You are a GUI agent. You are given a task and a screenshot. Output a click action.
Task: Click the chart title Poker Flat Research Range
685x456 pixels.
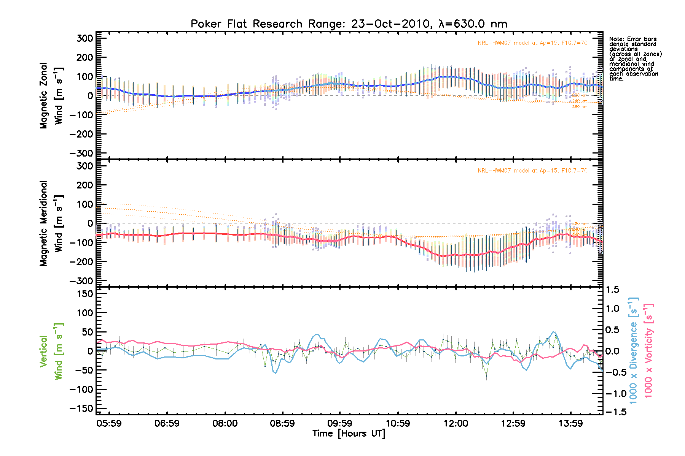[x=349, y=24]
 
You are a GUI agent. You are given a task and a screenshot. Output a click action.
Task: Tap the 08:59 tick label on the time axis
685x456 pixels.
[x=282, y=423]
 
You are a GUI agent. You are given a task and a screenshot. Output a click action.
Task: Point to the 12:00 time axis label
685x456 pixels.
[x=456, y=423]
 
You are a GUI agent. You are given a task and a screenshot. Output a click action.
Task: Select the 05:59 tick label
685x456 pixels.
[x=109, y=423]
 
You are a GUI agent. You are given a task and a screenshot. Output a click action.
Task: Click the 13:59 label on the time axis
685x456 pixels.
[x=570, y=423]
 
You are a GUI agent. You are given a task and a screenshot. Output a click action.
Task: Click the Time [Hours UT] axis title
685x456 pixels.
[x=349, y=434]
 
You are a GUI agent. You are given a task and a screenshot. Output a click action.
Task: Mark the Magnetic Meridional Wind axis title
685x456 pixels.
[x=51, y=223]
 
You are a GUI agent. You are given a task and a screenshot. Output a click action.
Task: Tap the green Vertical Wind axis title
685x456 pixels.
[x=51, y=351]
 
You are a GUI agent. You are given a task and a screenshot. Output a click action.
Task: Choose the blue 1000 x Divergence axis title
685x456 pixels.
[x=633, y=350]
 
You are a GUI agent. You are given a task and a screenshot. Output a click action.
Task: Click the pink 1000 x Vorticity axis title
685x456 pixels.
[x=648, y=350]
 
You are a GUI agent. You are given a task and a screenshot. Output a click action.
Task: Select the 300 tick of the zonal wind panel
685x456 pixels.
[x=84, y=38]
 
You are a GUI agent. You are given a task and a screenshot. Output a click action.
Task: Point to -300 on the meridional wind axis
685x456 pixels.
[x=81, y=281]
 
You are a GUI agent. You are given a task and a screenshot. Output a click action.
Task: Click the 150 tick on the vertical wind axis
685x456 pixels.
[x=84, y=294]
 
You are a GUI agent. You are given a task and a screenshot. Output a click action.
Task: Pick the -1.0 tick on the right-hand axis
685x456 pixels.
[x=613, y=394]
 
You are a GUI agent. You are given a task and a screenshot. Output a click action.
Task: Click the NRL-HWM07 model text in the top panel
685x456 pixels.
[x=532, y=43]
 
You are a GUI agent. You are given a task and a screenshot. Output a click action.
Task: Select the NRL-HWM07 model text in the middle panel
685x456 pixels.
[x=532, y=171]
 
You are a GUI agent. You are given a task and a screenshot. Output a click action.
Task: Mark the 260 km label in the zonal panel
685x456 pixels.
[x=580, y=107]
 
